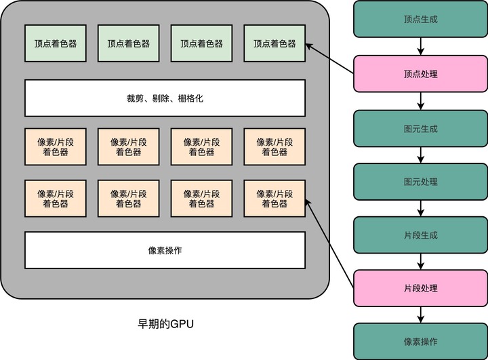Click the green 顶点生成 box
point(420,19)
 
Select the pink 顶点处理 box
point(420,74)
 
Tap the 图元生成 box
point(420,128)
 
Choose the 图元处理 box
point(420,182)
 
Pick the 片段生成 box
point(420,235)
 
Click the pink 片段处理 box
point(420,288)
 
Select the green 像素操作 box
point(420,341)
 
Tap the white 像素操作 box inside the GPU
point(165,250)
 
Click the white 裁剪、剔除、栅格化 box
point(165,98)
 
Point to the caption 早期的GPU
point(165,323)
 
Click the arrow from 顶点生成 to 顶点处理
point(421,47)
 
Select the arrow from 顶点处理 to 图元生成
point(421,101)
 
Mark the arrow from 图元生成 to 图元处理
point(421,155)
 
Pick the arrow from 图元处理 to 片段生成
point(421,209)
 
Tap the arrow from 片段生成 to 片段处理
point(421,262)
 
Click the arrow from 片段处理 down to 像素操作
point(421,315)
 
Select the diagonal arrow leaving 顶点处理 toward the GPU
point(330,58)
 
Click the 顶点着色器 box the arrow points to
point(274,43)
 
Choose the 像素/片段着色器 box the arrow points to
point(274,198)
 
